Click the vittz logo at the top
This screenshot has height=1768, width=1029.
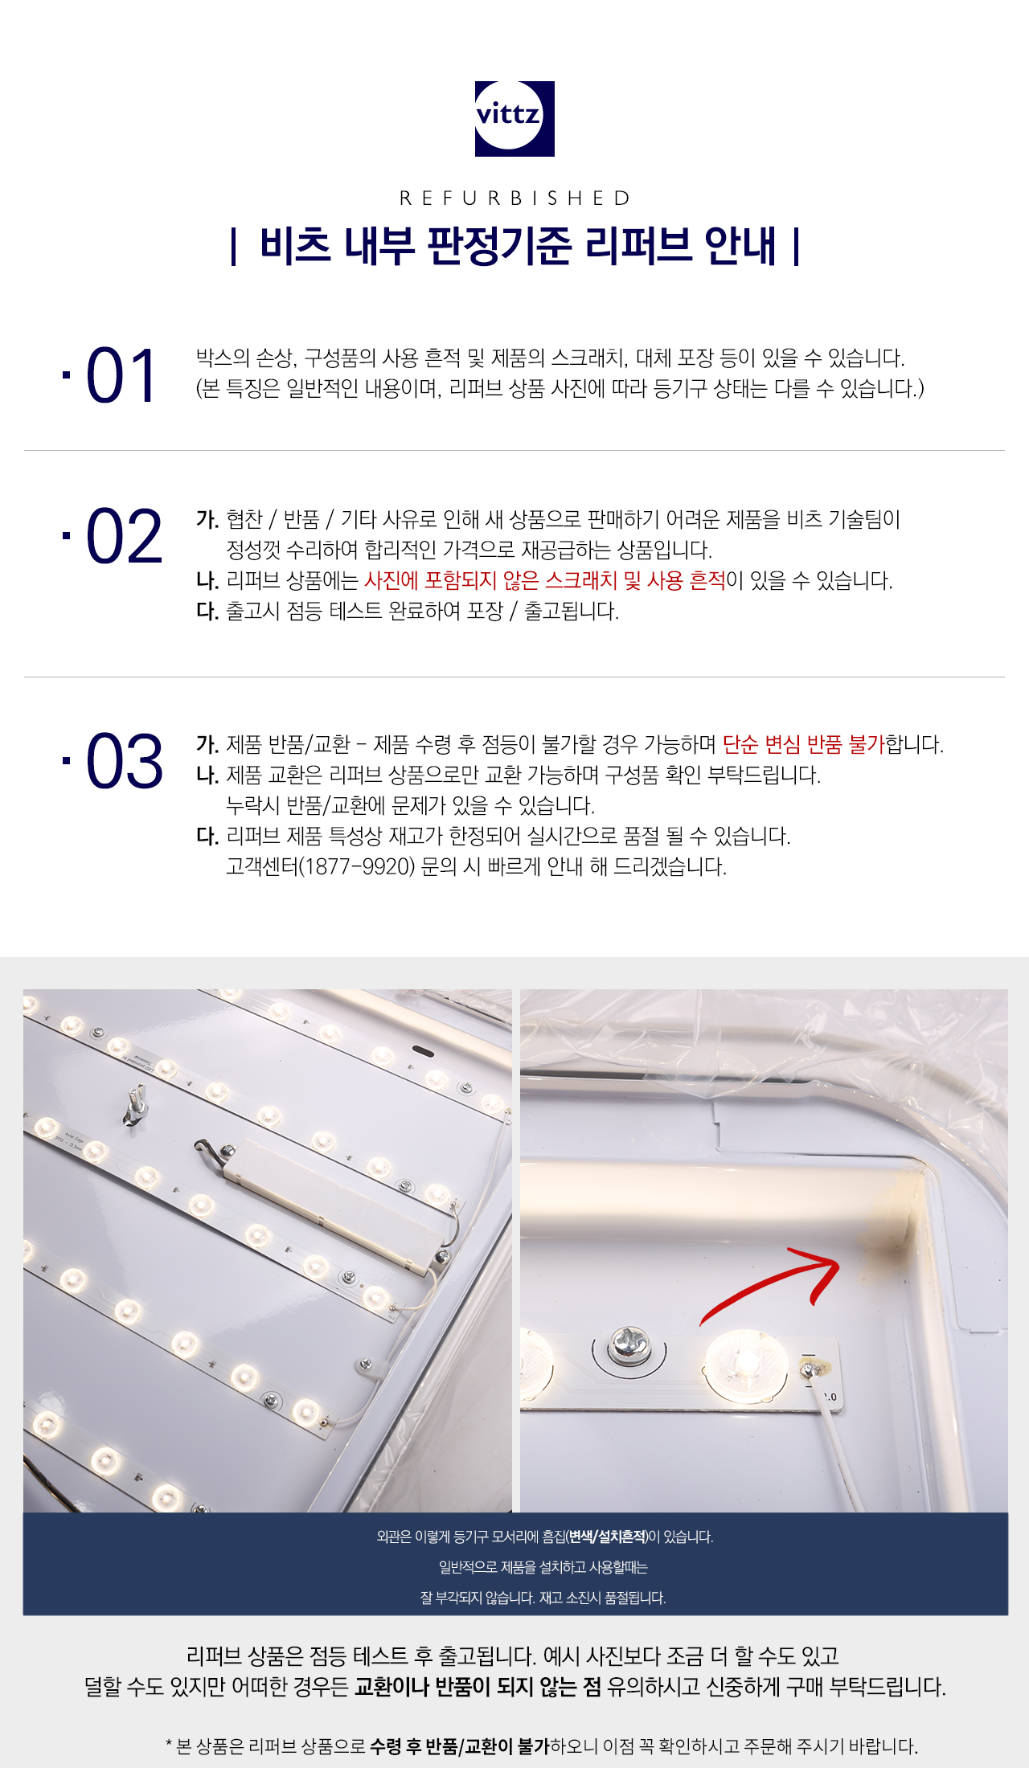(x=514, y=118)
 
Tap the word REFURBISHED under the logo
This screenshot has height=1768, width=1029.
(x=514, y=198)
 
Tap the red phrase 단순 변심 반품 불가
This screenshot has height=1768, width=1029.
(x=803, y=744)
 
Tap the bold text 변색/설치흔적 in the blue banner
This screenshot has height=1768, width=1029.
(x=608, y=1537)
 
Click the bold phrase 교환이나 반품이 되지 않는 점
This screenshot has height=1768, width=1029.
(x=478, y=1686)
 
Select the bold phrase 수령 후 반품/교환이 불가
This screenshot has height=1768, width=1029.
(x=460, y=1745)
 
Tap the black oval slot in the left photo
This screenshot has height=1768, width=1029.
(x=423, y=1051)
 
